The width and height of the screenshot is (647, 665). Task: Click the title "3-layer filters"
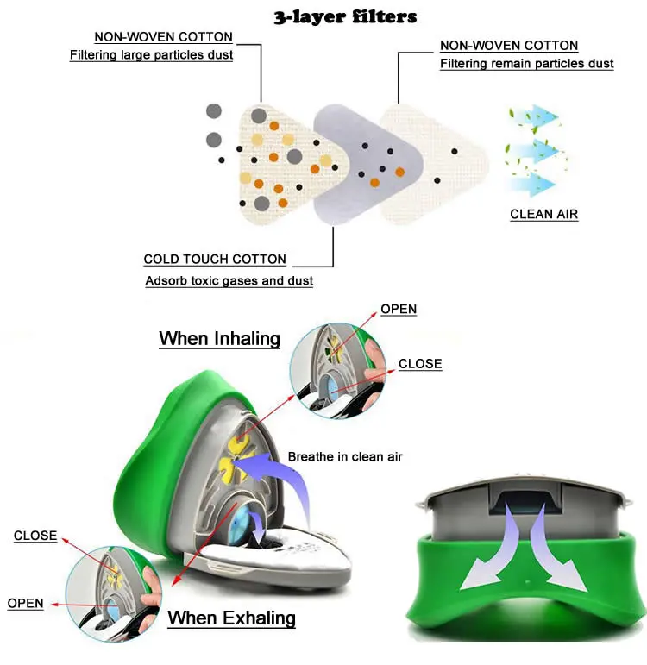[345, 16]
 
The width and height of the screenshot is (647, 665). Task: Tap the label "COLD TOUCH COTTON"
[215, 259]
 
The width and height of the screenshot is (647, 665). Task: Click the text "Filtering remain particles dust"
[526, 64]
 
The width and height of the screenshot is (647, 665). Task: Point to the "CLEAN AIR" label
[543, 215]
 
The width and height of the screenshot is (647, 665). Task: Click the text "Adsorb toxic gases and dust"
[229, 281]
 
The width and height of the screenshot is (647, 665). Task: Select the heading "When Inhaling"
[219, 338]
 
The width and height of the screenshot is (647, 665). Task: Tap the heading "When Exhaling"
[231, 618]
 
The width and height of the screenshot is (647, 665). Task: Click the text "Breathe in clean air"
[345, 456]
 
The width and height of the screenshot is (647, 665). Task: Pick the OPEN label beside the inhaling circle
[399, 309]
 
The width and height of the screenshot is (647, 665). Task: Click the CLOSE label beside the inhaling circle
[420, 364]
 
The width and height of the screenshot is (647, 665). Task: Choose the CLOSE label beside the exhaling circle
[35, 536]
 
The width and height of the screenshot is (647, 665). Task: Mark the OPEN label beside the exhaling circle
[25, 603]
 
